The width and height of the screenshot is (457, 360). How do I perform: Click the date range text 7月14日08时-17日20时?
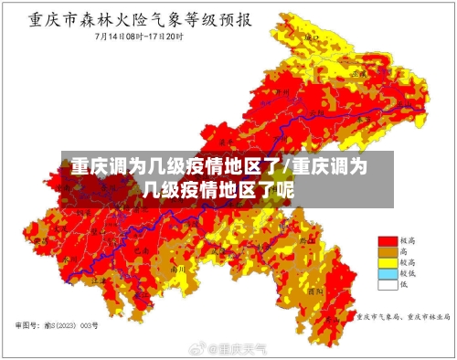tap(141, 37)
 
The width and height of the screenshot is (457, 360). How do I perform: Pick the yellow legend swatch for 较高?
tap(388, 261)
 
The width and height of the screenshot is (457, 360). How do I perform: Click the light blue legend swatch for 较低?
tap(388, 272)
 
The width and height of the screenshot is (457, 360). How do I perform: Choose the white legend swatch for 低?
tap(388, 283)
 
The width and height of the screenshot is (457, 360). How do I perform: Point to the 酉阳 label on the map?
tap(315, 290)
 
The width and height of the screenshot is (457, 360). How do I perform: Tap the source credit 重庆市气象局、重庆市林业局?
tap(402, 317)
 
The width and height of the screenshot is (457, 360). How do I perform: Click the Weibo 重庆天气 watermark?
tap(228, 348)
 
